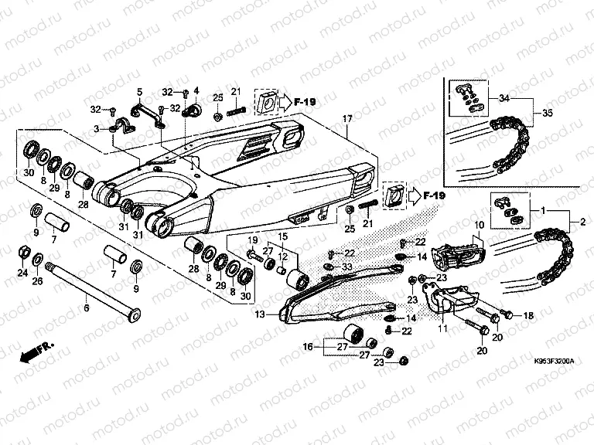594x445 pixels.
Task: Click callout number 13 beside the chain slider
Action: click(x=259, y=314)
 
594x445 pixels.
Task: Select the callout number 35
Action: click(x=547, y=113)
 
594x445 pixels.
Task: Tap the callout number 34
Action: click(x=505, y=99)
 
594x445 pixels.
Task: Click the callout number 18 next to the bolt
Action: click(x=529, y=315)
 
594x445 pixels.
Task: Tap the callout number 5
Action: click(x=140, y=91)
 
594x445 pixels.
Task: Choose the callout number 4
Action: click(x=196, y=91)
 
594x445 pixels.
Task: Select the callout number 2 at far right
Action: click(x=573, y=223)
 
